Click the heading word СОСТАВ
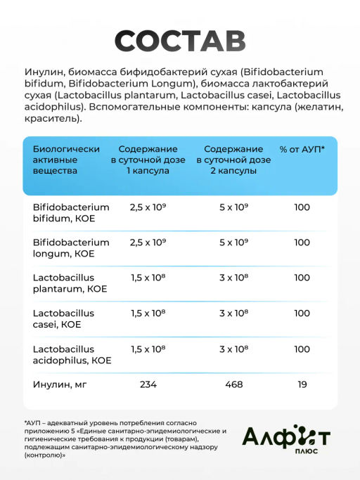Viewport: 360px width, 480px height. pos(180,41)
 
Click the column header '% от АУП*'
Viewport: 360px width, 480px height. pos(302,150)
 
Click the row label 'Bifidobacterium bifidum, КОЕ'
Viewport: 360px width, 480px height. pos(71,213)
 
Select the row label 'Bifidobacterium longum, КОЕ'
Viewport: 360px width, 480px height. pos(71,248)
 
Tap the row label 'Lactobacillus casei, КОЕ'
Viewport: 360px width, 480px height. pos(64,318)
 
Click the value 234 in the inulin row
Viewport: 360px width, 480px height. pos(148,384)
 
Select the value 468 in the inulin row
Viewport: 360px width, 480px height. pos(234,384)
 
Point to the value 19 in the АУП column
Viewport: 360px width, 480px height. pos(302,384)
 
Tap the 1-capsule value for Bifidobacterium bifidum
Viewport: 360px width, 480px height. pos(148,207)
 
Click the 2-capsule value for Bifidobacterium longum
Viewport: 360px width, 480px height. pos(234,242)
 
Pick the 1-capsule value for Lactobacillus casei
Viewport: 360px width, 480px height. pos(148,313)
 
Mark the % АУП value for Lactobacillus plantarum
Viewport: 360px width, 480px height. pos(302,278)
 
